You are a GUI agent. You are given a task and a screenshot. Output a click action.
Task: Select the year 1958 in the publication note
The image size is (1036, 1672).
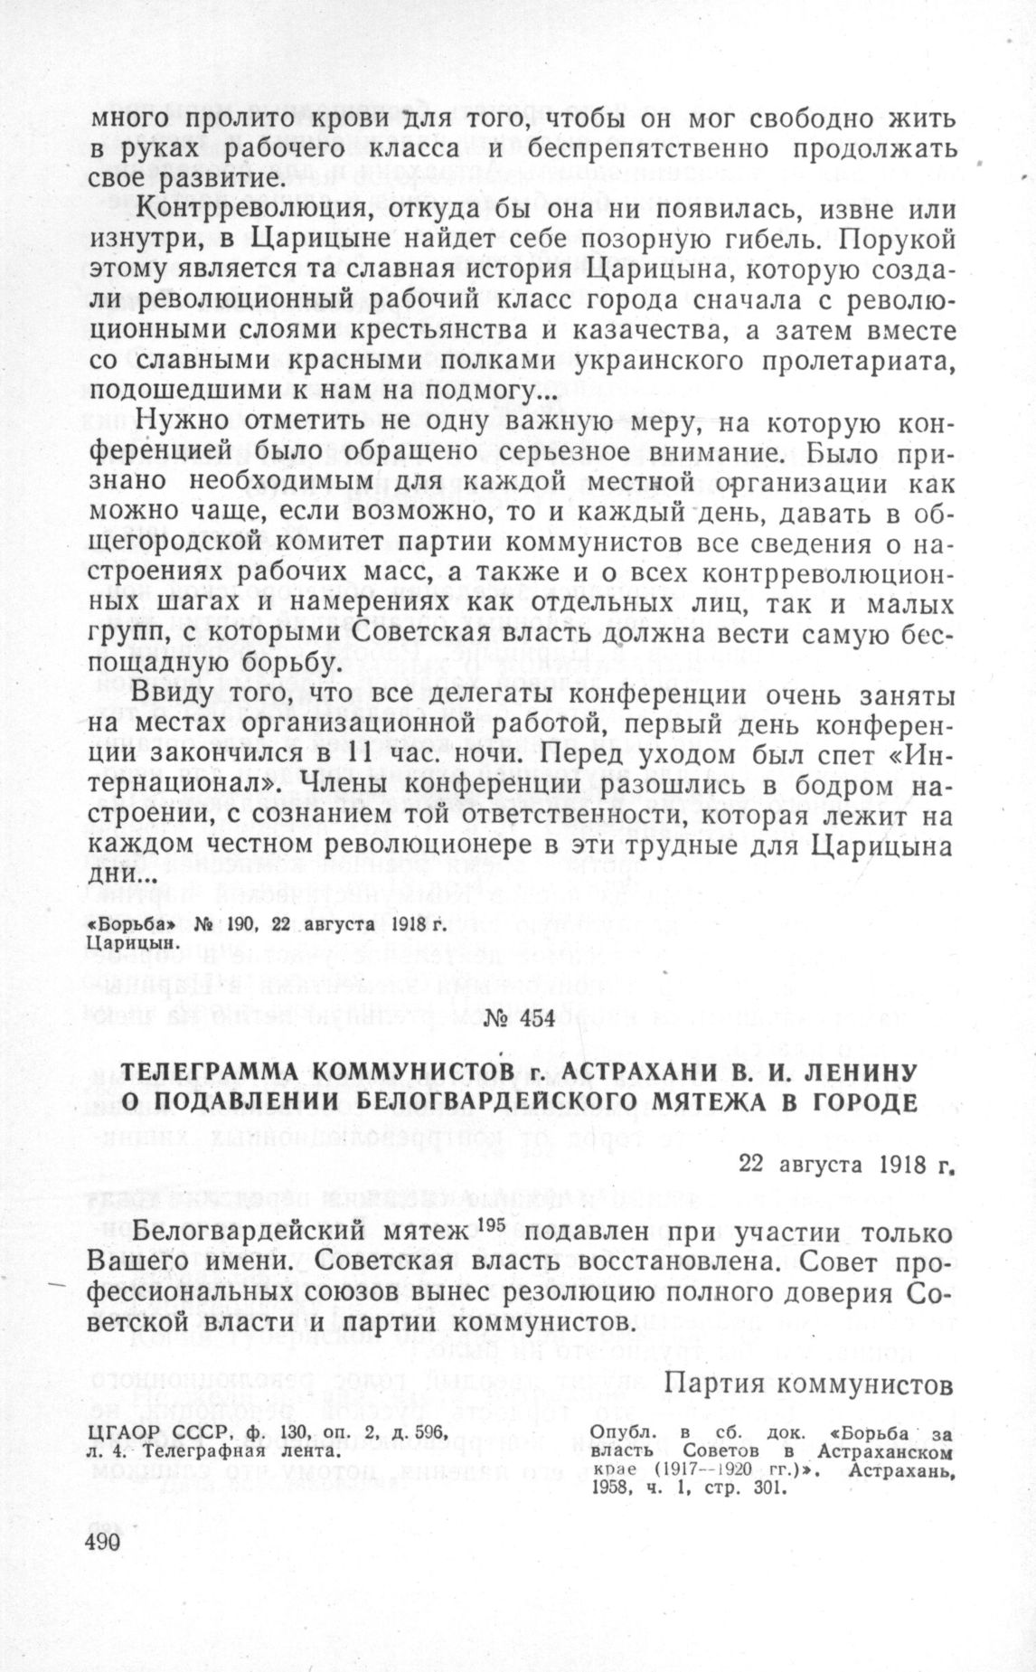(610, 1488)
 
